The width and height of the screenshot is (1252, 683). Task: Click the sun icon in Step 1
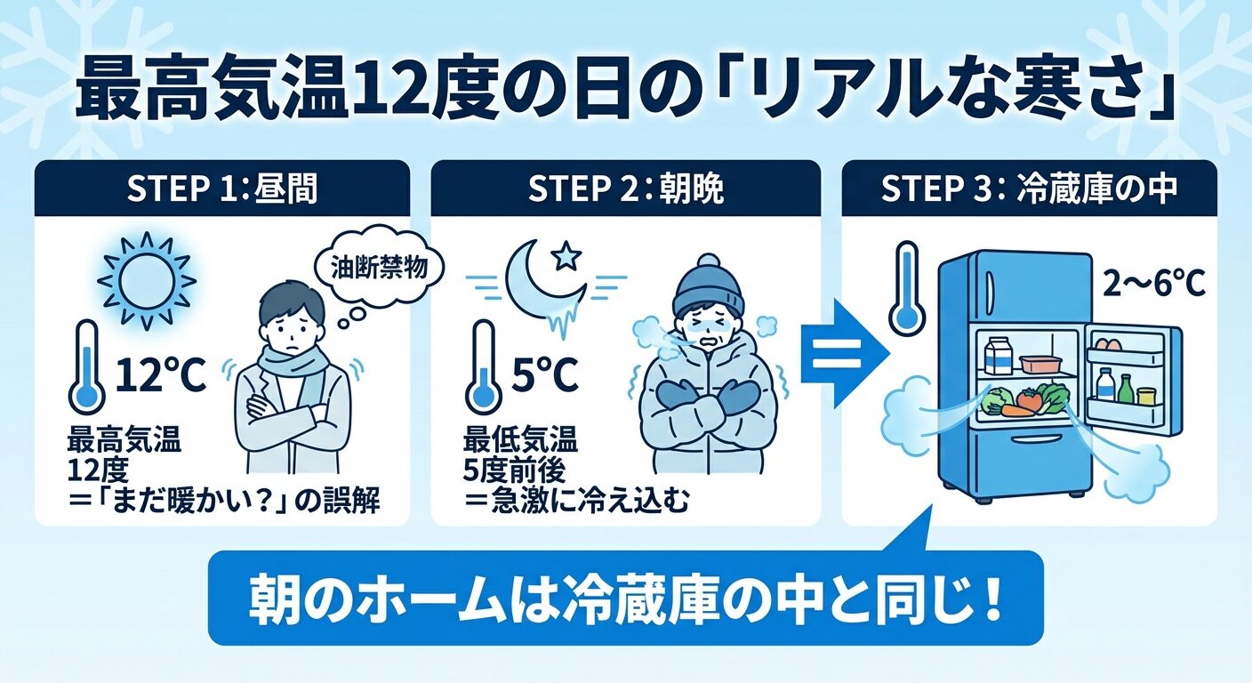[x=147, y=281]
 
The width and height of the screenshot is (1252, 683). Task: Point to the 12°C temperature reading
[x=160, y=374]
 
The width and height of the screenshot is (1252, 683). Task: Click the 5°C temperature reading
[x=544, y=374]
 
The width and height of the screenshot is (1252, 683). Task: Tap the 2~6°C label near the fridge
[x=1153, y=285]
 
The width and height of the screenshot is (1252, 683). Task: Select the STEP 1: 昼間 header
[x=222, y=189]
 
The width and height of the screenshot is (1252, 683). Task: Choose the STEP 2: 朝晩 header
[x=625, y=189]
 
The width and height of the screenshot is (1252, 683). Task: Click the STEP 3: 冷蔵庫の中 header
[x=1029, y=189]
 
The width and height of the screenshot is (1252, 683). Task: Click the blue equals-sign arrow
[x=844, y=353]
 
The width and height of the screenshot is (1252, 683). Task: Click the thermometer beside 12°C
[x=86, y=366]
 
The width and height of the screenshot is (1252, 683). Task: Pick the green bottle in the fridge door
[x=1126, y=389]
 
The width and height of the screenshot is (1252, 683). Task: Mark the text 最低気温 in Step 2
[x=520, y=440]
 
